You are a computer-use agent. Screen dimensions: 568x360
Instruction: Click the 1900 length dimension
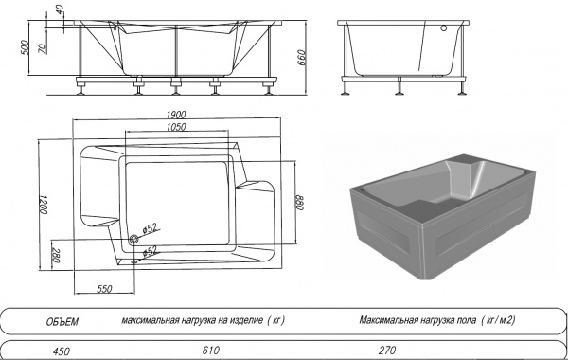coord(176,115)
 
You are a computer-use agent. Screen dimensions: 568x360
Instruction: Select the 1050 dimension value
coord(176,127)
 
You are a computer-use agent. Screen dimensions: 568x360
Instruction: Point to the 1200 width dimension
coord(44,205)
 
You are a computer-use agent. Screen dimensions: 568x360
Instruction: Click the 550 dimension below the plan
coord(104,289)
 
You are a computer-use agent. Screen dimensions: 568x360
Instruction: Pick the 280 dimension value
coord(56,255)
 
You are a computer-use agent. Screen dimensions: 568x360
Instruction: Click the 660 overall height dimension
coord(301,58)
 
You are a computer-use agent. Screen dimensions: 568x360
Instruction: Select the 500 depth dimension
coord(25,47)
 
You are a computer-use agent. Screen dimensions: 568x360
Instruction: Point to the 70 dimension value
coord(43,48)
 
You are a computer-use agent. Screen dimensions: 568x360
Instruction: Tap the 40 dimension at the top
coord(60,9)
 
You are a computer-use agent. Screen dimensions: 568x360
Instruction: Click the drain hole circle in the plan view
coord(134,239)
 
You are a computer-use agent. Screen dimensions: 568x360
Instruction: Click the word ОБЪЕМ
coord(62,322)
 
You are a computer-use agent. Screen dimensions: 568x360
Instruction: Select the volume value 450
coord(62,351)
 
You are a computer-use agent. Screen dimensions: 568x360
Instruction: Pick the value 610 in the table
coord(211,351)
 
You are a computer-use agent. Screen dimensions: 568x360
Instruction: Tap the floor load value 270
coord(387,351)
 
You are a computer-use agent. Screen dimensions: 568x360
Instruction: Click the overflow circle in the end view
coord(443,27)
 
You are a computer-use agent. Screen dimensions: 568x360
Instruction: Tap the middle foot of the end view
coord(399,86)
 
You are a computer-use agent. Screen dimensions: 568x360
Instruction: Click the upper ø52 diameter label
coord(150,228)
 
